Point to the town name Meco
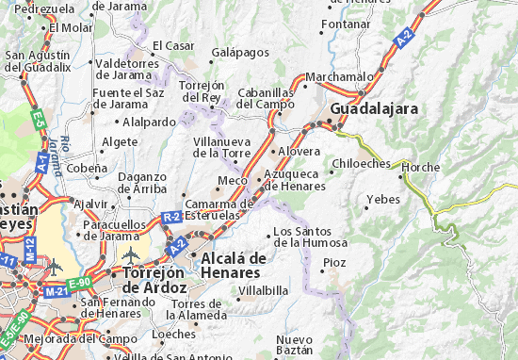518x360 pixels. (x=232, y=180)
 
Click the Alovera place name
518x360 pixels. (x=300, y=151)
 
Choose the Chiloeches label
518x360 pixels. (x=361, y=163)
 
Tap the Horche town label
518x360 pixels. (x=420, y=168)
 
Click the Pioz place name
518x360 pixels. (x=335, y=262)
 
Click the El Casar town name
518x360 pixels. (x=172, y=44)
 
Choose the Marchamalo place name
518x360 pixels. (x=333, y=77)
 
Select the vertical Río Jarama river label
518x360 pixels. (x=68, y=156)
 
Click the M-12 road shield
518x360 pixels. (x=31, y=250)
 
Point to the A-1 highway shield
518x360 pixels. (x=41, y=161)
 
